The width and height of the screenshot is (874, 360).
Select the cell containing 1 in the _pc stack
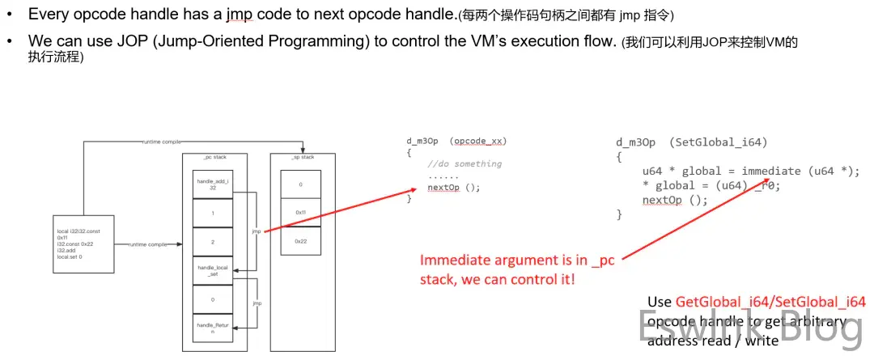click(x=213, y=214)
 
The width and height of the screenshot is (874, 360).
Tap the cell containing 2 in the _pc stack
click(x=213, y=242)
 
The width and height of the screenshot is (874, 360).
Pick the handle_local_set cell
click(x=213, y=270)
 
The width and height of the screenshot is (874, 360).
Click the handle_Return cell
click(x=213, y=328)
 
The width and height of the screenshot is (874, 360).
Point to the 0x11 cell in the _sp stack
click(x=300, y=213)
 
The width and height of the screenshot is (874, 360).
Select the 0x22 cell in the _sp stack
click(x=300, y=241)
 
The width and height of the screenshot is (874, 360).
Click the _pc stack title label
click(x=213, y=156)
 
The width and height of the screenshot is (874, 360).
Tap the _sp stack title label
click(x=302, y=156)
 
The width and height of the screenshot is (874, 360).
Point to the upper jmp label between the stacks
click(x=256, y=231)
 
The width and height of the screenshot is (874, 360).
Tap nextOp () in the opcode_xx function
click(x=454, y=187)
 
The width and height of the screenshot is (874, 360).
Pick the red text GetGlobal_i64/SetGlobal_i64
click(x=770, y=302)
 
